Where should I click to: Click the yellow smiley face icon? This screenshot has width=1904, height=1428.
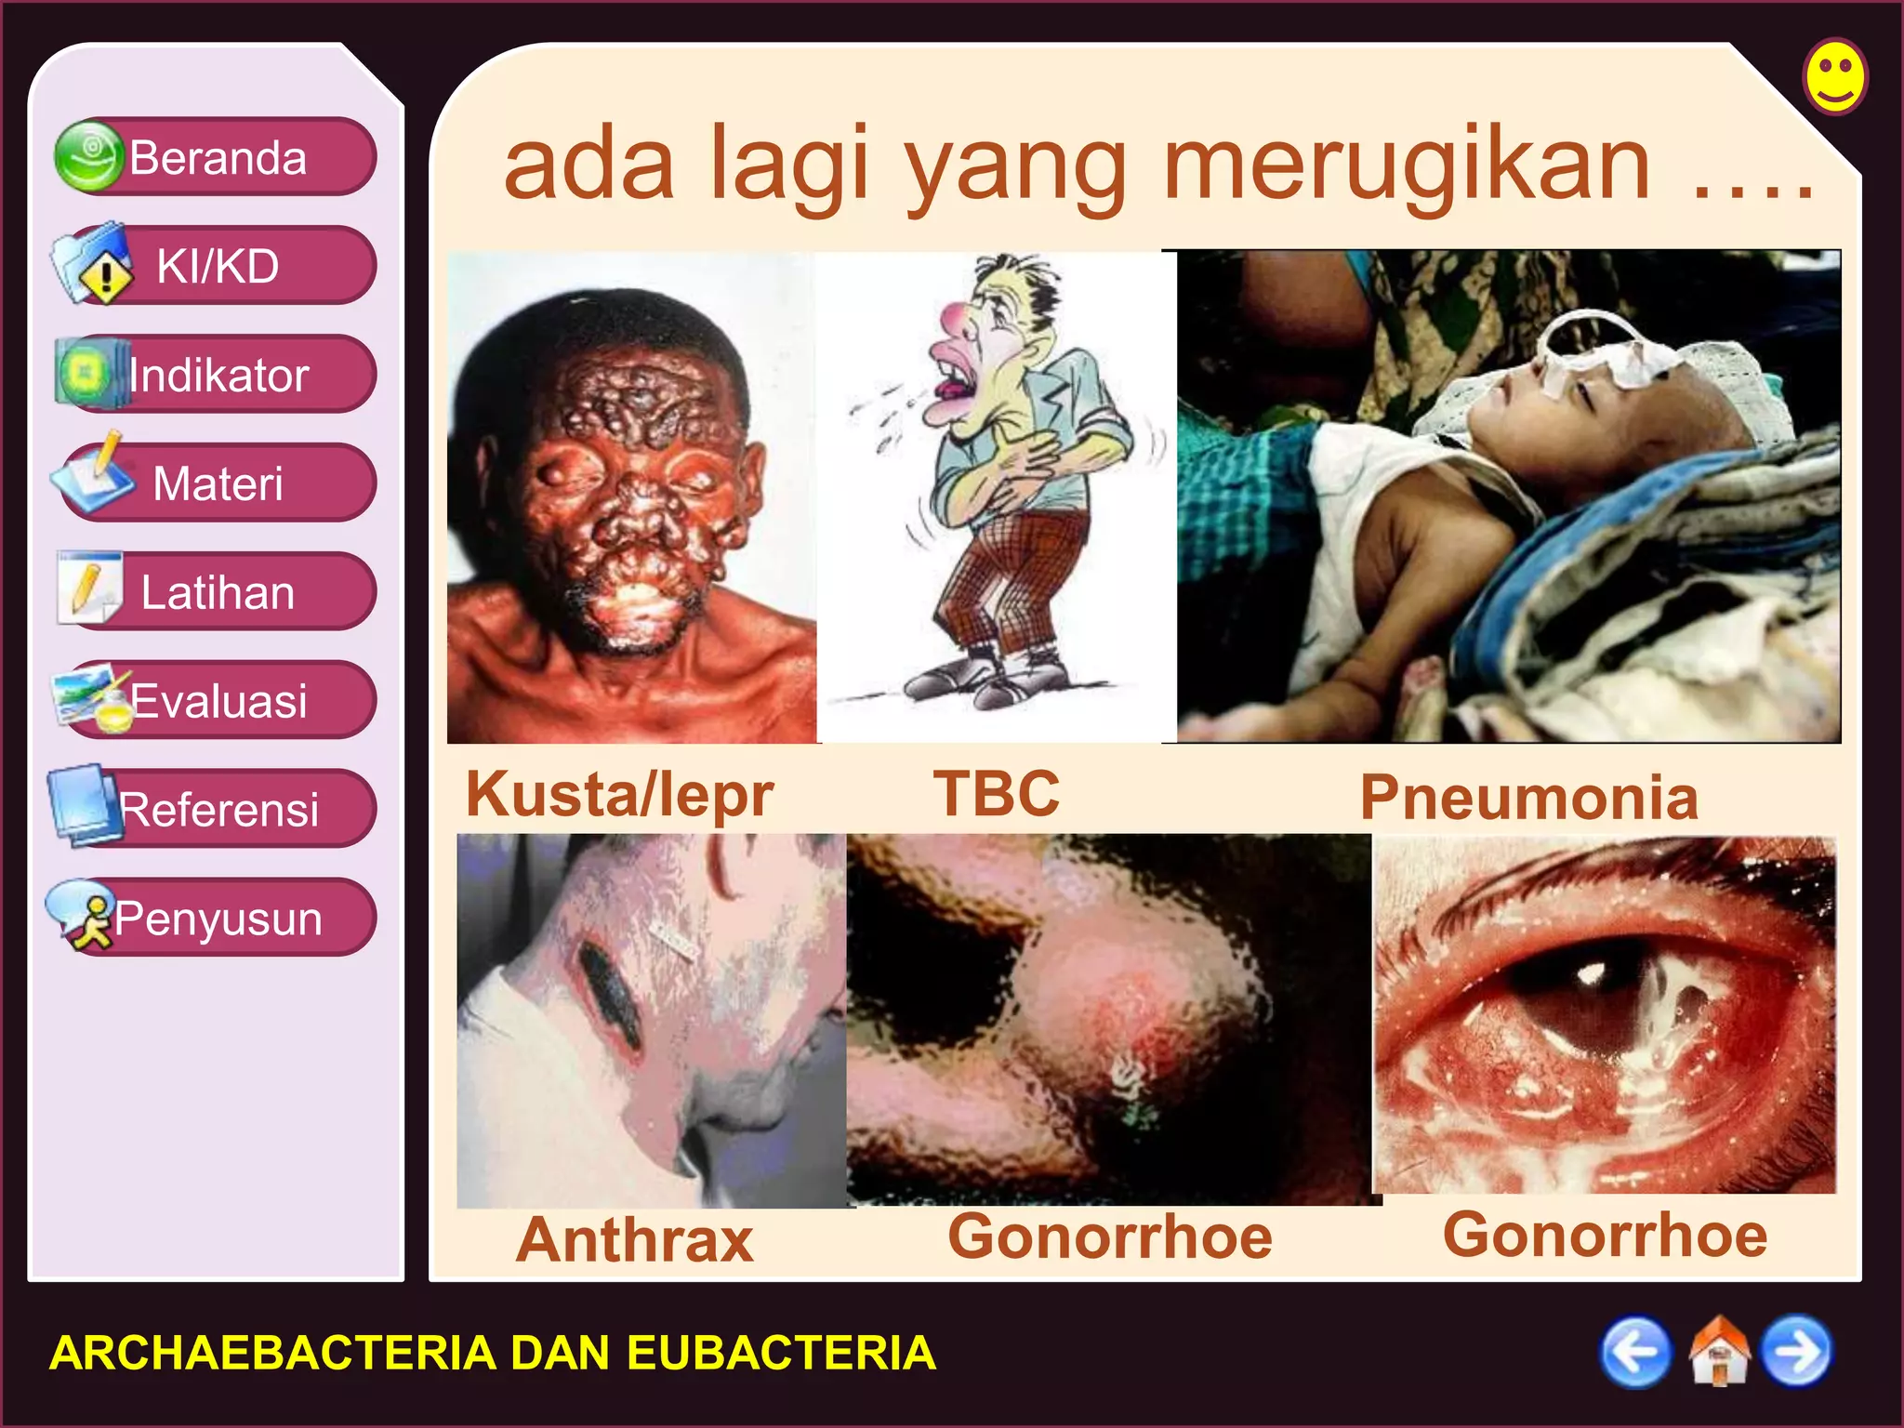(1834, 76)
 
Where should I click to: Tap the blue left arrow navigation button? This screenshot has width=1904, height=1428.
(1634, 1352)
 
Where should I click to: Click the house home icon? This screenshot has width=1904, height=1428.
(1718, 1352)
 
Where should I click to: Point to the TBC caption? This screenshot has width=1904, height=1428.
(996, 794)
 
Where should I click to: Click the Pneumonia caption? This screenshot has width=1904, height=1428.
(1529, 798)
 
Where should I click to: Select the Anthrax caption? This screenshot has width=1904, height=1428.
(635, 1240)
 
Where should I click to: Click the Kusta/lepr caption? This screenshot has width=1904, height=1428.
(620, 794)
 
